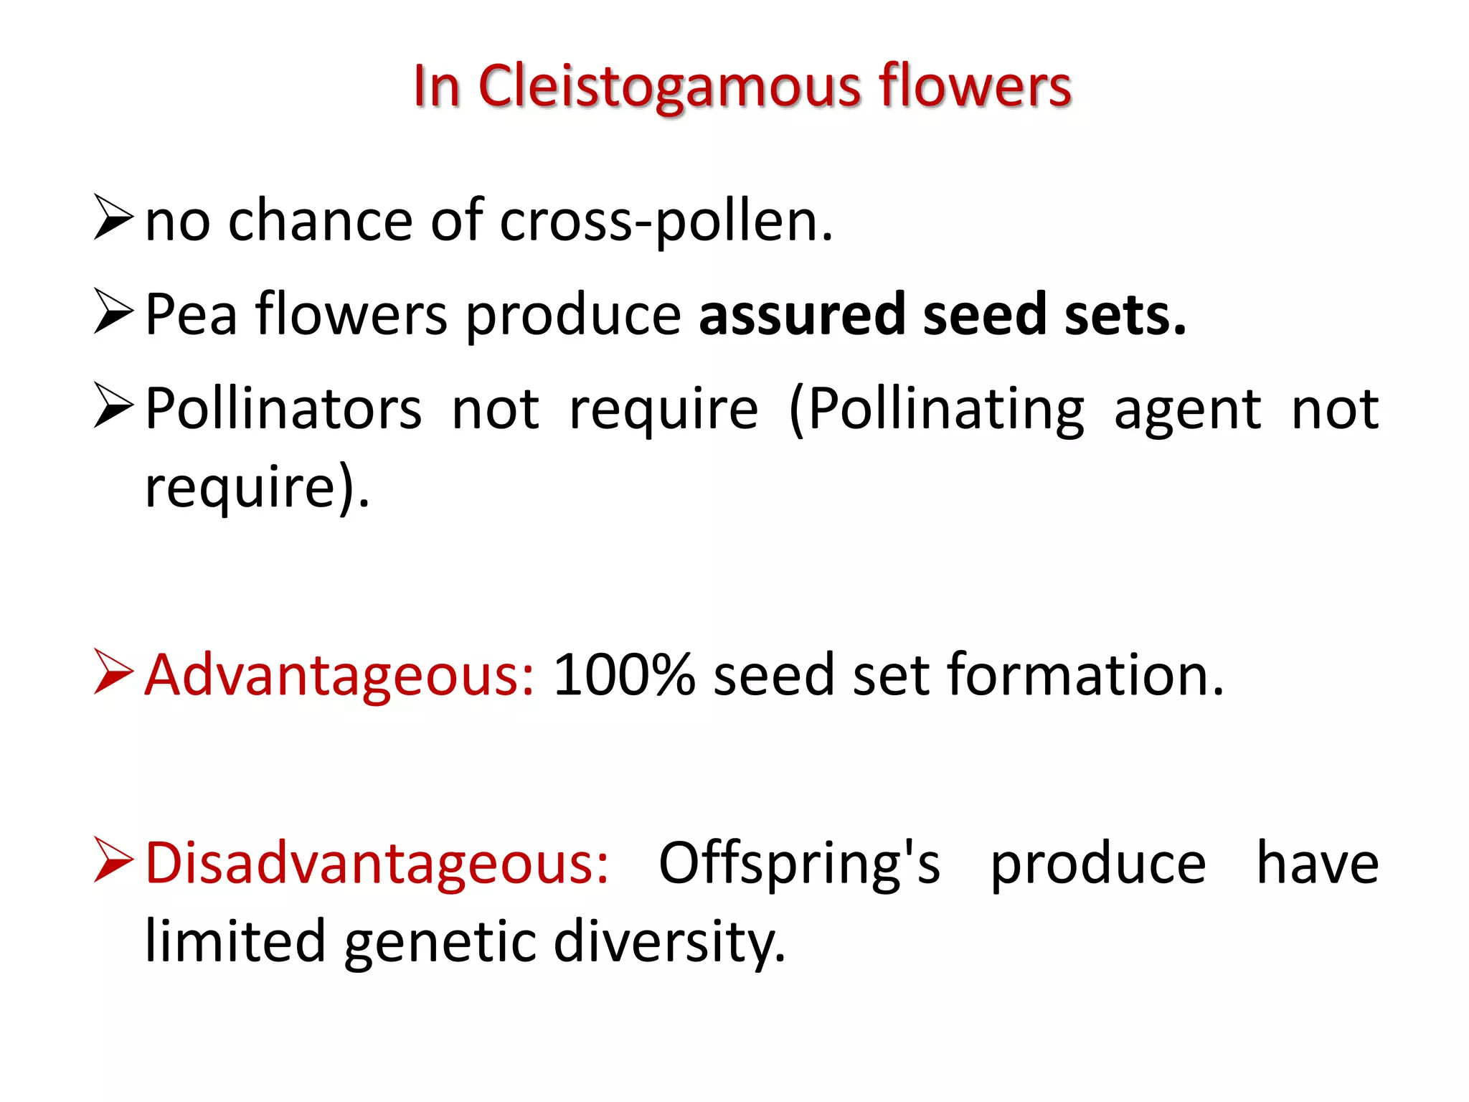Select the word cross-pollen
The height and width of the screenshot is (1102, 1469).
click(666, 221)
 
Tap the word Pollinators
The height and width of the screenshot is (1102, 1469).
click(283, 409)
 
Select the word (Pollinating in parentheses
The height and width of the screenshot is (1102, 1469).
click(937, 409)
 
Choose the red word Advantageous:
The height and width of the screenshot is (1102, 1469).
click(339, 676)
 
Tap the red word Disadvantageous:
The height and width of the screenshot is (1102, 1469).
click(377, 862)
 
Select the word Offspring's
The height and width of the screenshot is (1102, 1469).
click(799, 864)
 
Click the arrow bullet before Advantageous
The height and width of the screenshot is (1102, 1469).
click(113, 672)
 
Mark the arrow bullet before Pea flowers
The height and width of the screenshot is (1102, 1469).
click(113, 311)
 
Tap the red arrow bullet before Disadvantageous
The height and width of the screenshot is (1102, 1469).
click(113, 860)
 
